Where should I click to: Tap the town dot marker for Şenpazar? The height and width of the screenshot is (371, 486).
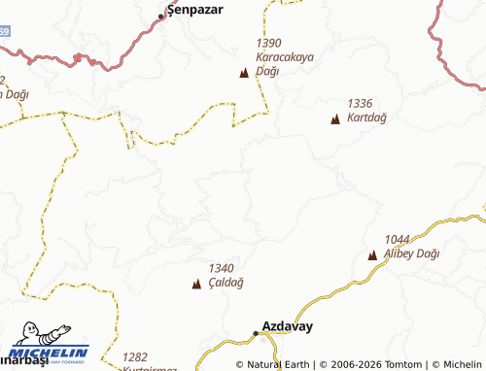click(162, 17)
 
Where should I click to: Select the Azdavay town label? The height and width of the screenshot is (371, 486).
click(288, 326)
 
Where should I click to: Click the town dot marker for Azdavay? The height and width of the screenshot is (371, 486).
click(256, 333)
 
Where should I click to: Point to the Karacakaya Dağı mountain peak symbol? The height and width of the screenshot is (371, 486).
click(243, 73)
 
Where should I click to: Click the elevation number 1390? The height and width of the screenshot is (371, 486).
click(269, 44)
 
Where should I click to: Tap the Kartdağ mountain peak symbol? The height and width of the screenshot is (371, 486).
click(335, 119)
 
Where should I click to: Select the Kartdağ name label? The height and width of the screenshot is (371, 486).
click(367, 117)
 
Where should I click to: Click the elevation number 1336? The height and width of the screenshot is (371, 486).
click(361, 103)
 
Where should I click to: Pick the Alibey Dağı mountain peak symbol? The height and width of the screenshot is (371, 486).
click(372, 255)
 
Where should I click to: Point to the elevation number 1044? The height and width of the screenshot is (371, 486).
click(398, 239)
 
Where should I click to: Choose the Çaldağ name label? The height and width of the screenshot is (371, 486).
click(226, 282)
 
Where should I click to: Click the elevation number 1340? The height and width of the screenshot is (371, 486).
click(222, 268)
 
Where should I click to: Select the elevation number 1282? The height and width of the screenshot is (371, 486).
click(136, 357)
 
